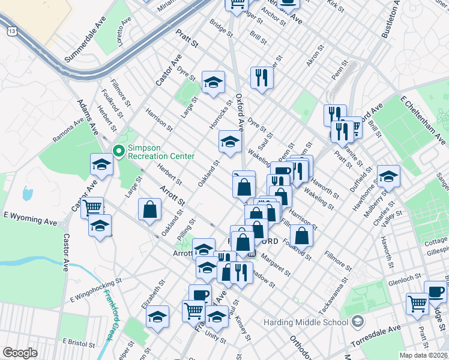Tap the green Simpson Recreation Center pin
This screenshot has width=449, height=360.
[118, 151]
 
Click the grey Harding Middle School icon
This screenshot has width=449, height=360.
[358, 322]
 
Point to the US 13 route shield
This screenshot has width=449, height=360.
[11, 31]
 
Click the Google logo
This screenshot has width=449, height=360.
[20, 353]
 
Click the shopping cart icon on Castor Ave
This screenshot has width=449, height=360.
[92, 208]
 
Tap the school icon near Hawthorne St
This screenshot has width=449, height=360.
[388, 176]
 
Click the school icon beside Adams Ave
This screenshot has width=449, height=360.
[102, 165]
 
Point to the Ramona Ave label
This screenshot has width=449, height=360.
[68, 131]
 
